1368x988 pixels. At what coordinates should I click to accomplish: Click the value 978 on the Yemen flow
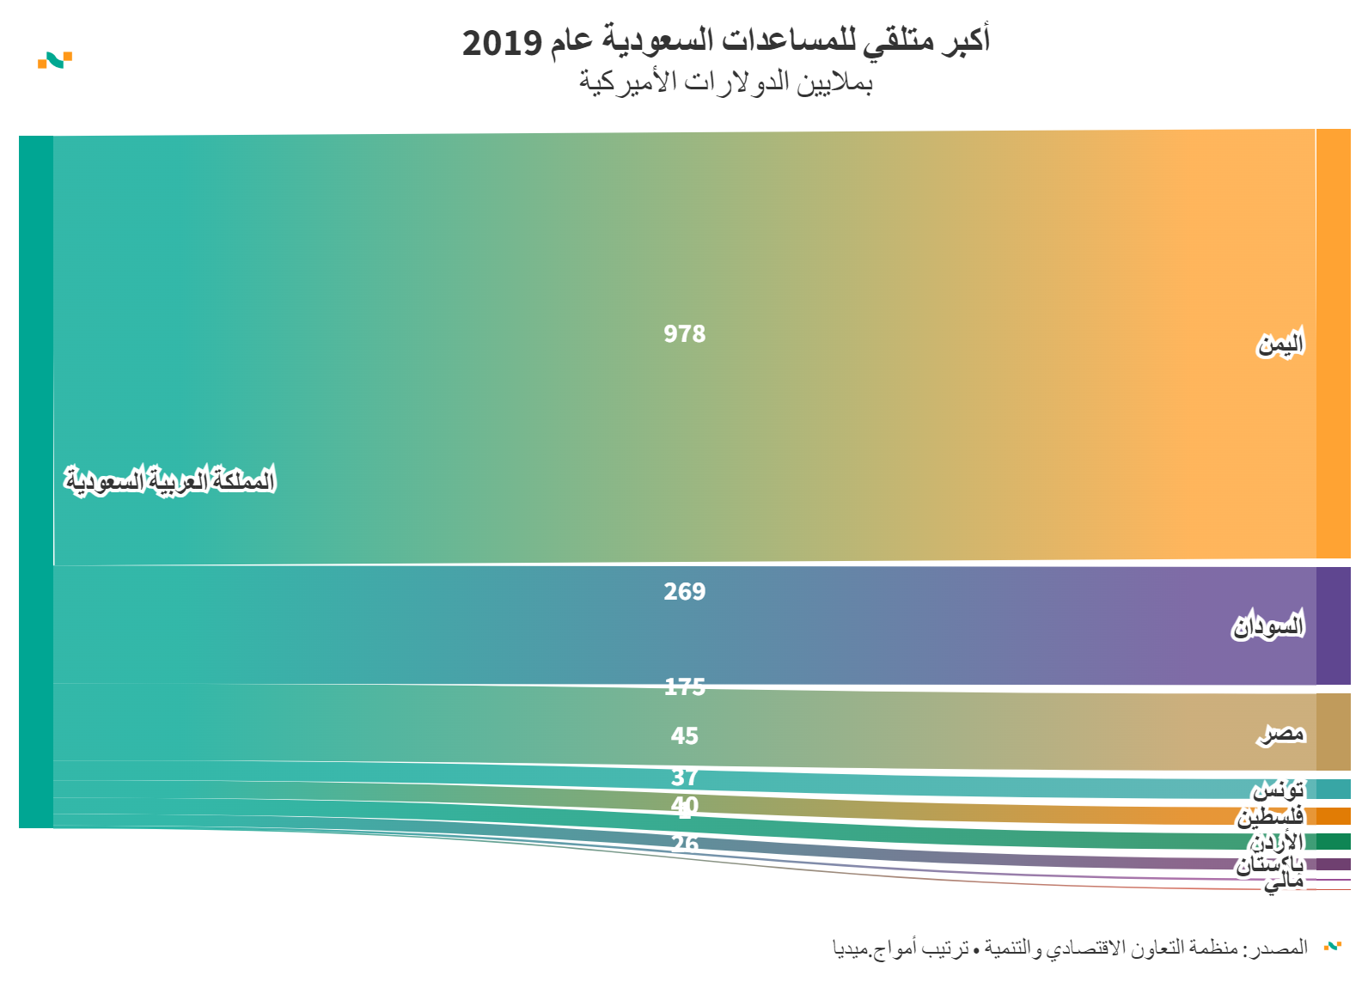click(x=684, y=333)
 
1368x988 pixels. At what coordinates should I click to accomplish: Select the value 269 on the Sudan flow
click(x=684, y=591)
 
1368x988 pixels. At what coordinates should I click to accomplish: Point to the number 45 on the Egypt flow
click(x=684, y=735)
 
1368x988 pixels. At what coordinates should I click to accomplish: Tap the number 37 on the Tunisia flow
click(x=684, y=777)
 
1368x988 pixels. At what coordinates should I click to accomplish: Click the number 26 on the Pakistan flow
click(x=684, y=844)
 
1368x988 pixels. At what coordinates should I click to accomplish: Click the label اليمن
click(x=1280, y=344)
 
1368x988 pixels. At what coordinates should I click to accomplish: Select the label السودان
click(x=1268, y=625)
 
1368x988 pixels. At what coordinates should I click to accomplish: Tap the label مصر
click(x=1282, y=733)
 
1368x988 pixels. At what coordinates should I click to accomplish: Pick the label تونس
click(x=1278, y=789)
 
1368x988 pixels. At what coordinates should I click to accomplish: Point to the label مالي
click(x=1284, y=881)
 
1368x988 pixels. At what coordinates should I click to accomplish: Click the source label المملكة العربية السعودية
click(x=170, y=479)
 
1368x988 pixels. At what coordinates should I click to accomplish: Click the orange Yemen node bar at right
click(x=1333, y=344)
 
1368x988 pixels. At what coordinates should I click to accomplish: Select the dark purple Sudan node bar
click(x=1333, y=625)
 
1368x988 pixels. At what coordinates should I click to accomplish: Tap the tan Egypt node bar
click(x=1333, y=732)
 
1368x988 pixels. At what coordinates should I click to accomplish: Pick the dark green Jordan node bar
click(x=1333, y=841)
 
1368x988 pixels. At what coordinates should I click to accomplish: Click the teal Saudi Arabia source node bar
click(x=36, y=481)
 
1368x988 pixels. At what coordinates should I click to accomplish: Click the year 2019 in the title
click(x=502, y=42)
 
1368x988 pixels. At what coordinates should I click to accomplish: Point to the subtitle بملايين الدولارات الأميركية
click(x=725, y=82)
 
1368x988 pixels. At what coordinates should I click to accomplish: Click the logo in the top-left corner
click(x=55, y=60)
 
